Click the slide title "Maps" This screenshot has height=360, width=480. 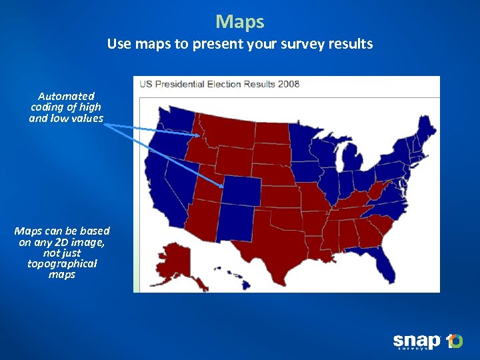coord(240,22)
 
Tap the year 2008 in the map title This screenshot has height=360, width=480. coord(289,84)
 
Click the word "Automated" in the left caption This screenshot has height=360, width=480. coord(66,96)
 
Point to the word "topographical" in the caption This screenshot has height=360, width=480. coord(62,263)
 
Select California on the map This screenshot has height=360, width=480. coord(163,193)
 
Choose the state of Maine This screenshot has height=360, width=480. coord(426,129)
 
